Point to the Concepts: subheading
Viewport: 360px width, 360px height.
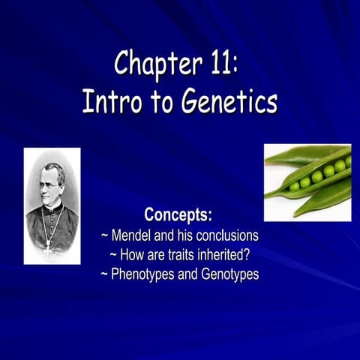coord(179,217)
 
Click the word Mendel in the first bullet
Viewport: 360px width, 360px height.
coord(138,236)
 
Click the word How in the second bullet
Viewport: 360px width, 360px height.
coord(135,255)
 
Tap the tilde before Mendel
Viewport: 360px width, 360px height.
coord(105,236)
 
